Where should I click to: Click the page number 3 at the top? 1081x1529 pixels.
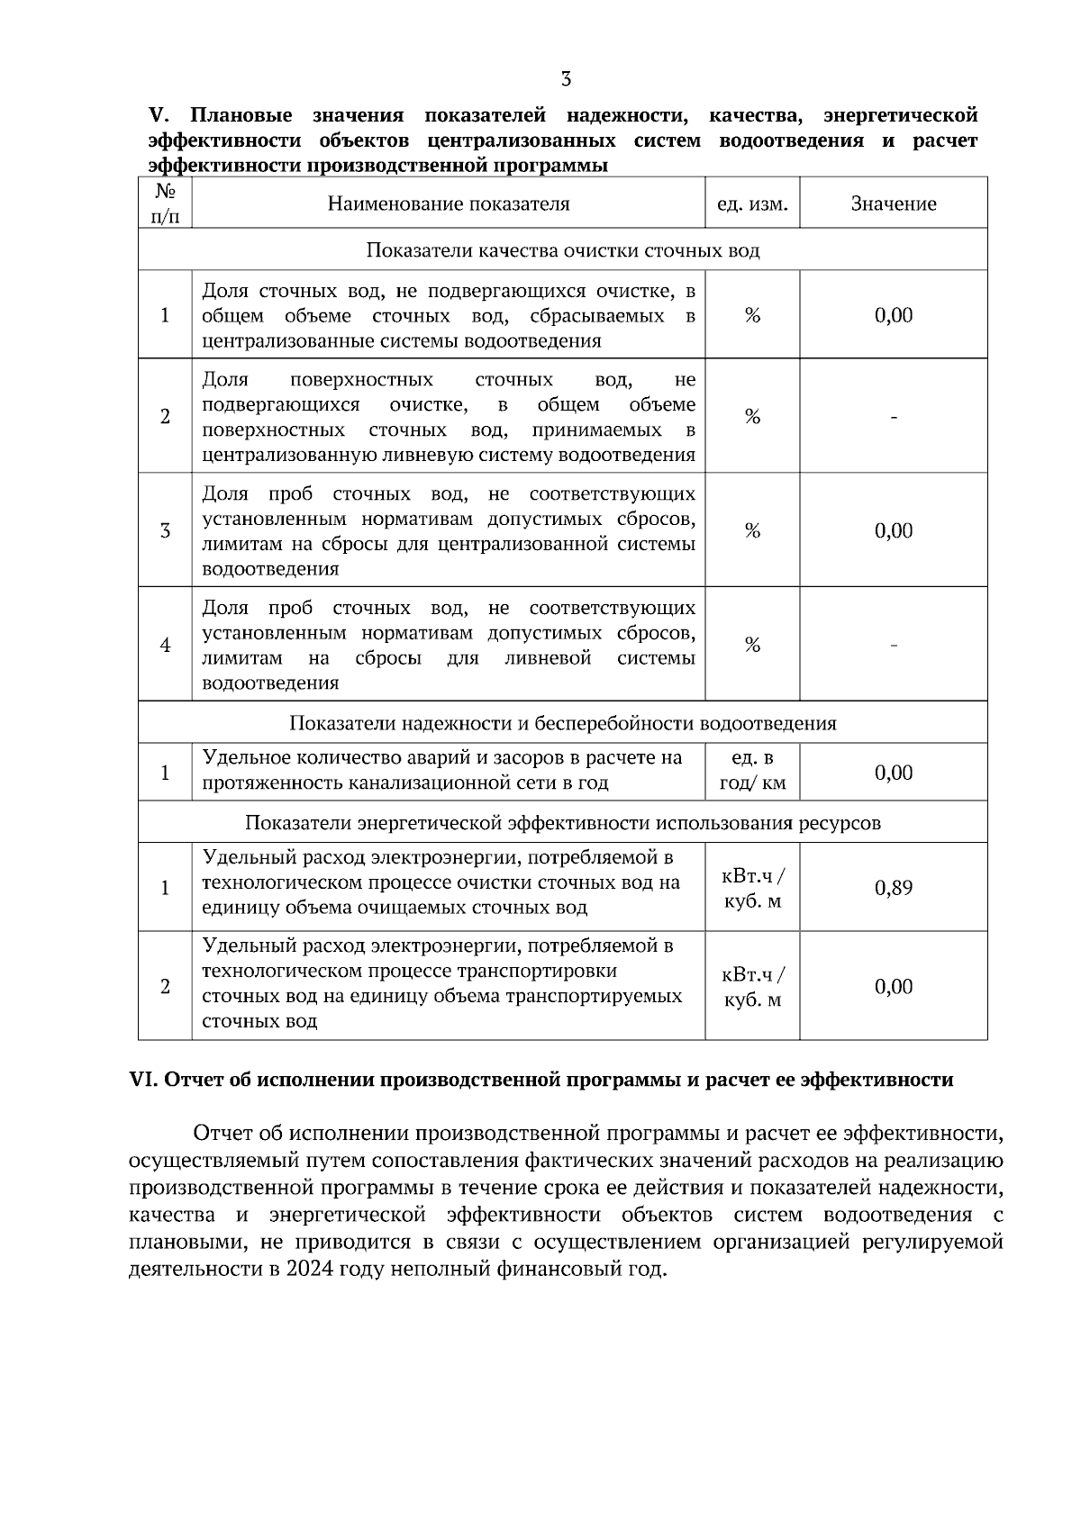(x=566, y=79)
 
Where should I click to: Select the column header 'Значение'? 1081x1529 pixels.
(x=893, y=204)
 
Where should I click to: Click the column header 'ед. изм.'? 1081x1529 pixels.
(x=752, y=204)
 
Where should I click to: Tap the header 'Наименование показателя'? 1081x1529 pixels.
(x=449, y=204)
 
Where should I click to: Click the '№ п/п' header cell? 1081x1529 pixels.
(x=165, y=204)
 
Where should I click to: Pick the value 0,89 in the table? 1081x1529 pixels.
(x=893, y=888)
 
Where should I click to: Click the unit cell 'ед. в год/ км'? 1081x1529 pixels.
(x=752, y=771)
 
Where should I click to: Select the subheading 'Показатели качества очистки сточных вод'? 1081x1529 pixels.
(x=562, y=249)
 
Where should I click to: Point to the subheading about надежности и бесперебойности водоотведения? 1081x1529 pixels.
(x=562, y=723)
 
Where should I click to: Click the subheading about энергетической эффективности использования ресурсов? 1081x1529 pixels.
(x=562, y=822)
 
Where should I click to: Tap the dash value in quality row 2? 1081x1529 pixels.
(x=893, y=417)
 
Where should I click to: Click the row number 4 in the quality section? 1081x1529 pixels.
(x=165, y=645)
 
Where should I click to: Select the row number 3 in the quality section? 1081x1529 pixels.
(x=165, y=530)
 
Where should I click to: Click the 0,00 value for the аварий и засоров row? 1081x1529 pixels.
(x=893, y=773)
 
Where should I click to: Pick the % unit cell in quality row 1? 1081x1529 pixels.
(x=752, y=315)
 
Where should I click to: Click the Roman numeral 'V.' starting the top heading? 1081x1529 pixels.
(x=159, y=116)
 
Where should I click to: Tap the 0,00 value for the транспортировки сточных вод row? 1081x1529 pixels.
(x=893, y=986)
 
